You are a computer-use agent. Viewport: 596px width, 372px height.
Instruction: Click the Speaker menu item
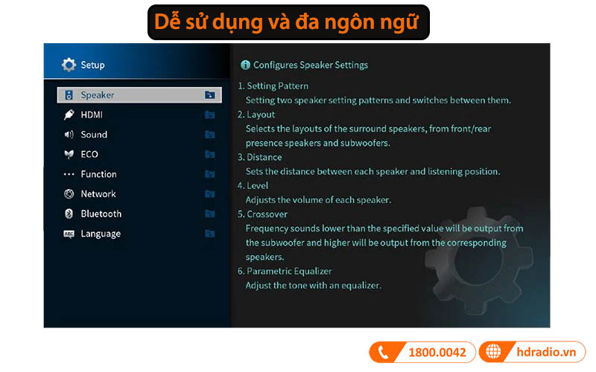pyautogui.click(x=98, y=95)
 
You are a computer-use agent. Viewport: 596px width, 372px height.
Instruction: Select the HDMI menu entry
pyautogui.click(x=92, y=115)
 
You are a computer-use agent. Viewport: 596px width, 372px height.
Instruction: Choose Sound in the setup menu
pyautogui.click(x=94, y=135)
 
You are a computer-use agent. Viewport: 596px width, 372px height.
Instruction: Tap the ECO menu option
pyautogui.click(x=89, y=154)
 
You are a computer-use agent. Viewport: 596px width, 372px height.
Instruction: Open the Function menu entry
pyautogui.click(x=98, y=174)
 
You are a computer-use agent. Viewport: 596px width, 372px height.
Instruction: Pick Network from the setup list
pyautogui.click(x=98, y=194)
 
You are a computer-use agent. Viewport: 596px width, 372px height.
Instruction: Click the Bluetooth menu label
pyautogui.click(x=101, y=214)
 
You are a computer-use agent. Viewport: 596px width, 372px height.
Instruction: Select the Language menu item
pyautogui.click(x=101, y=234)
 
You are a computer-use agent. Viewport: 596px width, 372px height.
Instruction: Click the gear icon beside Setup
pyautogui.click(x=69, y=65)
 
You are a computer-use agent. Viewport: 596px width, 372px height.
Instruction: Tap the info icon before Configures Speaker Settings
pyautogui.click(x=245, y=65)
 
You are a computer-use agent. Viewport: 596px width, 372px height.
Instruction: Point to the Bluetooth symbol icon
pyautogui.click(x=69, y=214)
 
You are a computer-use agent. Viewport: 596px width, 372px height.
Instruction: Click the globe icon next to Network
pyautogui.click(x=69, y=194)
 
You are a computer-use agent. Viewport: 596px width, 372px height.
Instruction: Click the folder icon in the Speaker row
pyautogui.click(x=209, y=95)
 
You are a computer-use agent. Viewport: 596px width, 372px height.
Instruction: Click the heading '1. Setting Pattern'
pyautogui.click(x=273, y=86)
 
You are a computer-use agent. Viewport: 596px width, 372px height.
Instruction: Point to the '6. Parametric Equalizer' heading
pyautogui.click(x=285, y=271)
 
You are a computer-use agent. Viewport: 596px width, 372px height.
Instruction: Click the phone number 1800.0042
pyautogui.click(x=437, y=352)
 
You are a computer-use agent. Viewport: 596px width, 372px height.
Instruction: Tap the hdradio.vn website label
pyautogui.click(x=545, y=352)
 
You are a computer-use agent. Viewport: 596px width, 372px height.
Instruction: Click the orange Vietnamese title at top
pyautogui.click(x=289, y=22)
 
